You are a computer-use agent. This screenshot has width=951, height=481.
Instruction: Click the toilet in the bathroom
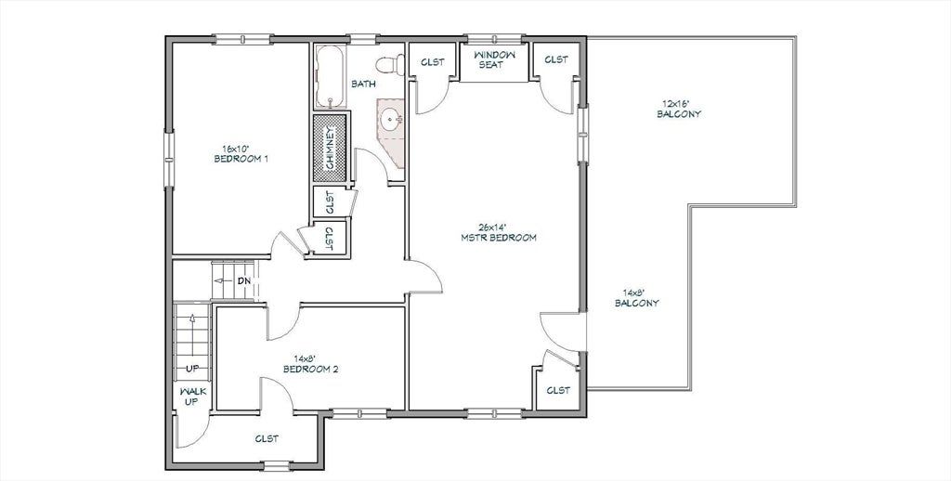390,63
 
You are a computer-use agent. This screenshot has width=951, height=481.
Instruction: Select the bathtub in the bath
331,76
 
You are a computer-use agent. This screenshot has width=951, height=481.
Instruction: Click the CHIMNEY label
331,148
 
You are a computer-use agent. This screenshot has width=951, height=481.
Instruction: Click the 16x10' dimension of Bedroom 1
235,148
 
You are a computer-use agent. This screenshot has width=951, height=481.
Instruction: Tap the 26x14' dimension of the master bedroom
492,227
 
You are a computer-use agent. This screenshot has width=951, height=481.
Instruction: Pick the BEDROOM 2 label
310,369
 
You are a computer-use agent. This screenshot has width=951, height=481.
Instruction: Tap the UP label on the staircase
192,369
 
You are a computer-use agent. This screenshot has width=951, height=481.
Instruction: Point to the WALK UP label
193,396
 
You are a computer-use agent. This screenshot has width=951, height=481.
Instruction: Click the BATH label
363,84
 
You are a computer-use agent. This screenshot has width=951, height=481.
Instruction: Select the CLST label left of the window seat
433,62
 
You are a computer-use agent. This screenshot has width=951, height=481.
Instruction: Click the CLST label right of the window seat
556,59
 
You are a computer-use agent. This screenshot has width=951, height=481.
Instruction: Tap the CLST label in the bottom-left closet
267,438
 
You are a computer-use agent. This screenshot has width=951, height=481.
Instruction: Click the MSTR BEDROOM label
499,238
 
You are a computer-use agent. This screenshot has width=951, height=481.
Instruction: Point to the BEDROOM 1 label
241,159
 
